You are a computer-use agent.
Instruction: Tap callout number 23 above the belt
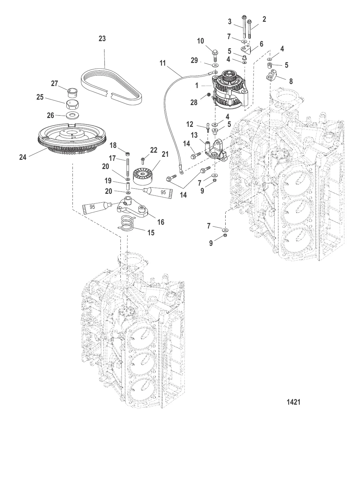(x=102, y=39)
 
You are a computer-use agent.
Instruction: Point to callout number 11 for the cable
(x=163, y=63)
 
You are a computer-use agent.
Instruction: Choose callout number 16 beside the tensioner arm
(x=161, y=222)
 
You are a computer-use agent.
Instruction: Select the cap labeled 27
(x=72, y=91)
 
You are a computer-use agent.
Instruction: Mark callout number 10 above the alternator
(x=200, y=41)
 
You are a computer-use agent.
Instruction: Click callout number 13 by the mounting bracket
(x=194, y=135)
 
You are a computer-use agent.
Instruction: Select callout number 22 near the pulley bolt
(x=154, y=150)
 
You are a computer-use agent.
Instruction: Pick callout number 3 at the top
(x=230, y=22)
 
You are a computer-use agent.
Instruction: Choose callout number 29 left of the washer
(x=194, y=61)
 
